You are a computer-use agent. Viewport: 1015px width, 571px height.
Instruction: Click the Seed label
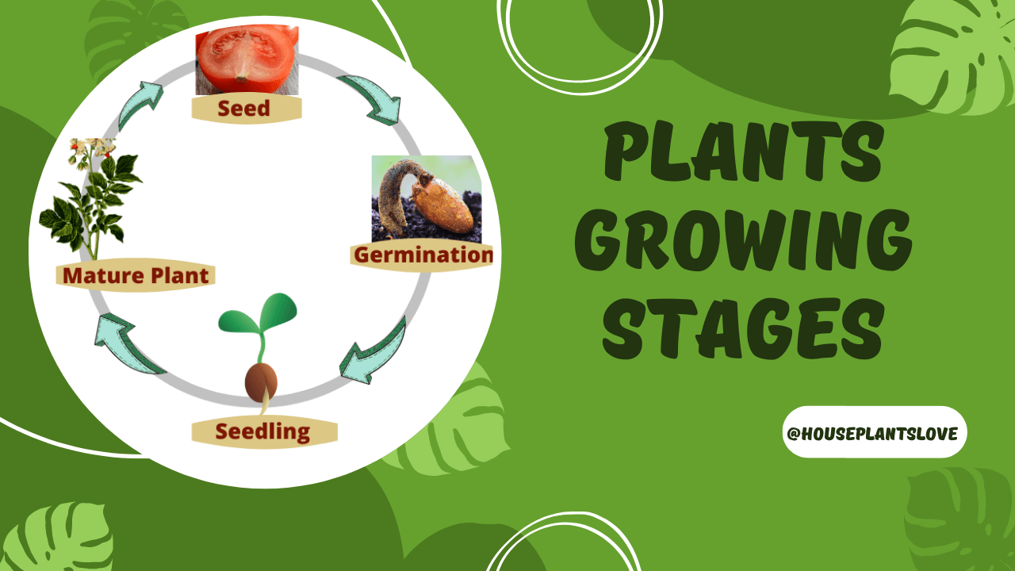pyautogui.click(x=246, y=109)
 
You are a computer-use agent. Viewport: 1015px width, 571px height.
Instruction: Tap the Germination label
pyautogui.click(x=423, y=255)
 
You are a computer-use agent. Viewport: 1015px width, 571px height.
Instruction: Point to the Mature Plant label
pyautogui.click(x=136, y=276)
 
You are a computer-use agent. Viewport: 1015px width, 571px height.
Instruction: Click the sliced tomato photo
pyautogui.click(x=247, y=59)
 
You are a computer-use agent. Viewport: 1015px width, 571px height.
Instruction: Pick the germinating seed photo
pyautogui.click(x=426, y=198)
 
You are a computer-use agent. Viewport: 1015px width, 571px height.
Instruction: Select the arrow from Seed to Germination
pyautogui.click(x=369, y=99)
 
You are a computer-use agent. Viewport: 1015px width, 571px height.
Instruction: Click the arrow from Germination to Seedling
pyautogui.click(x=372, y=349)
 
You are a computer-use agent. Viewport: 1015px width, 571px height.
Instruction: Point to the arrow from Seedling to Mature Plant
pyautogui.click(x=127, y=345)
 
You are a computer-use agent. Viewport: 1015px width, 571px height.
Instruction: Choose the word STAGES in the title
pyautogui.click(x=742, y=325)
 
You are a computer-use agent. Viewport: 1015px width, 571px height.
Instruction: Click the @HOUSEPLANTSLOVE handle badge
pyautogui.click(x=874, y=433)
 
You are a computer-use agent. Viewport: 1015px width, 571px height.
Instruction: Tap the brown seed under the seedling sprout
pyautogui.click(x=261, y=382)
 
